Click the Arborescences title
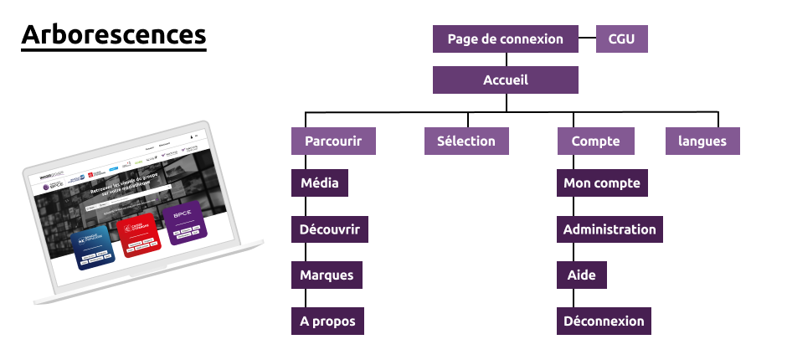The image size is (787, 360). point(114,35)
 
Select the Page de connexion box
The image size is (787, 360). point(506,39)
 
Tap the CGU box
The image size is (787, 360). point(621,39)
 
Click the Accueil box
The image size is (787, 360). point(506,80)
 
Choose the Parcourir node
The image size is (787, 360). point(333,141)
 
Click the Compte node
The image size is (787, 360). point(595,141)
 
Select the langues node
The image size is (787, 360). point(702,141)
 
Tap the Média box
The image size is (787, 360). point(319,183)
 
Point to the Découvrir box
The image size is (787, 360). point(330,229)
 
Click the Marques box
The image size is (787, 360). point(327,275)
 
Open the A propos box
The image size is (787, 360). point(327,321)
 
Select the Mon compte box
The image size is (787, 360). point(602,183)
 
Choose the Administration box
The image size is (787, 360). point(610,229)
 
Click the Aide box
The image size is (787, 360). point(582,275)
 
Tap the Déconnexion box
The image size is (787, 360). point(604,321)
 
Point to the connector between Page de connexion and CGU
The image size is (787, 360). point(586,39)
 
